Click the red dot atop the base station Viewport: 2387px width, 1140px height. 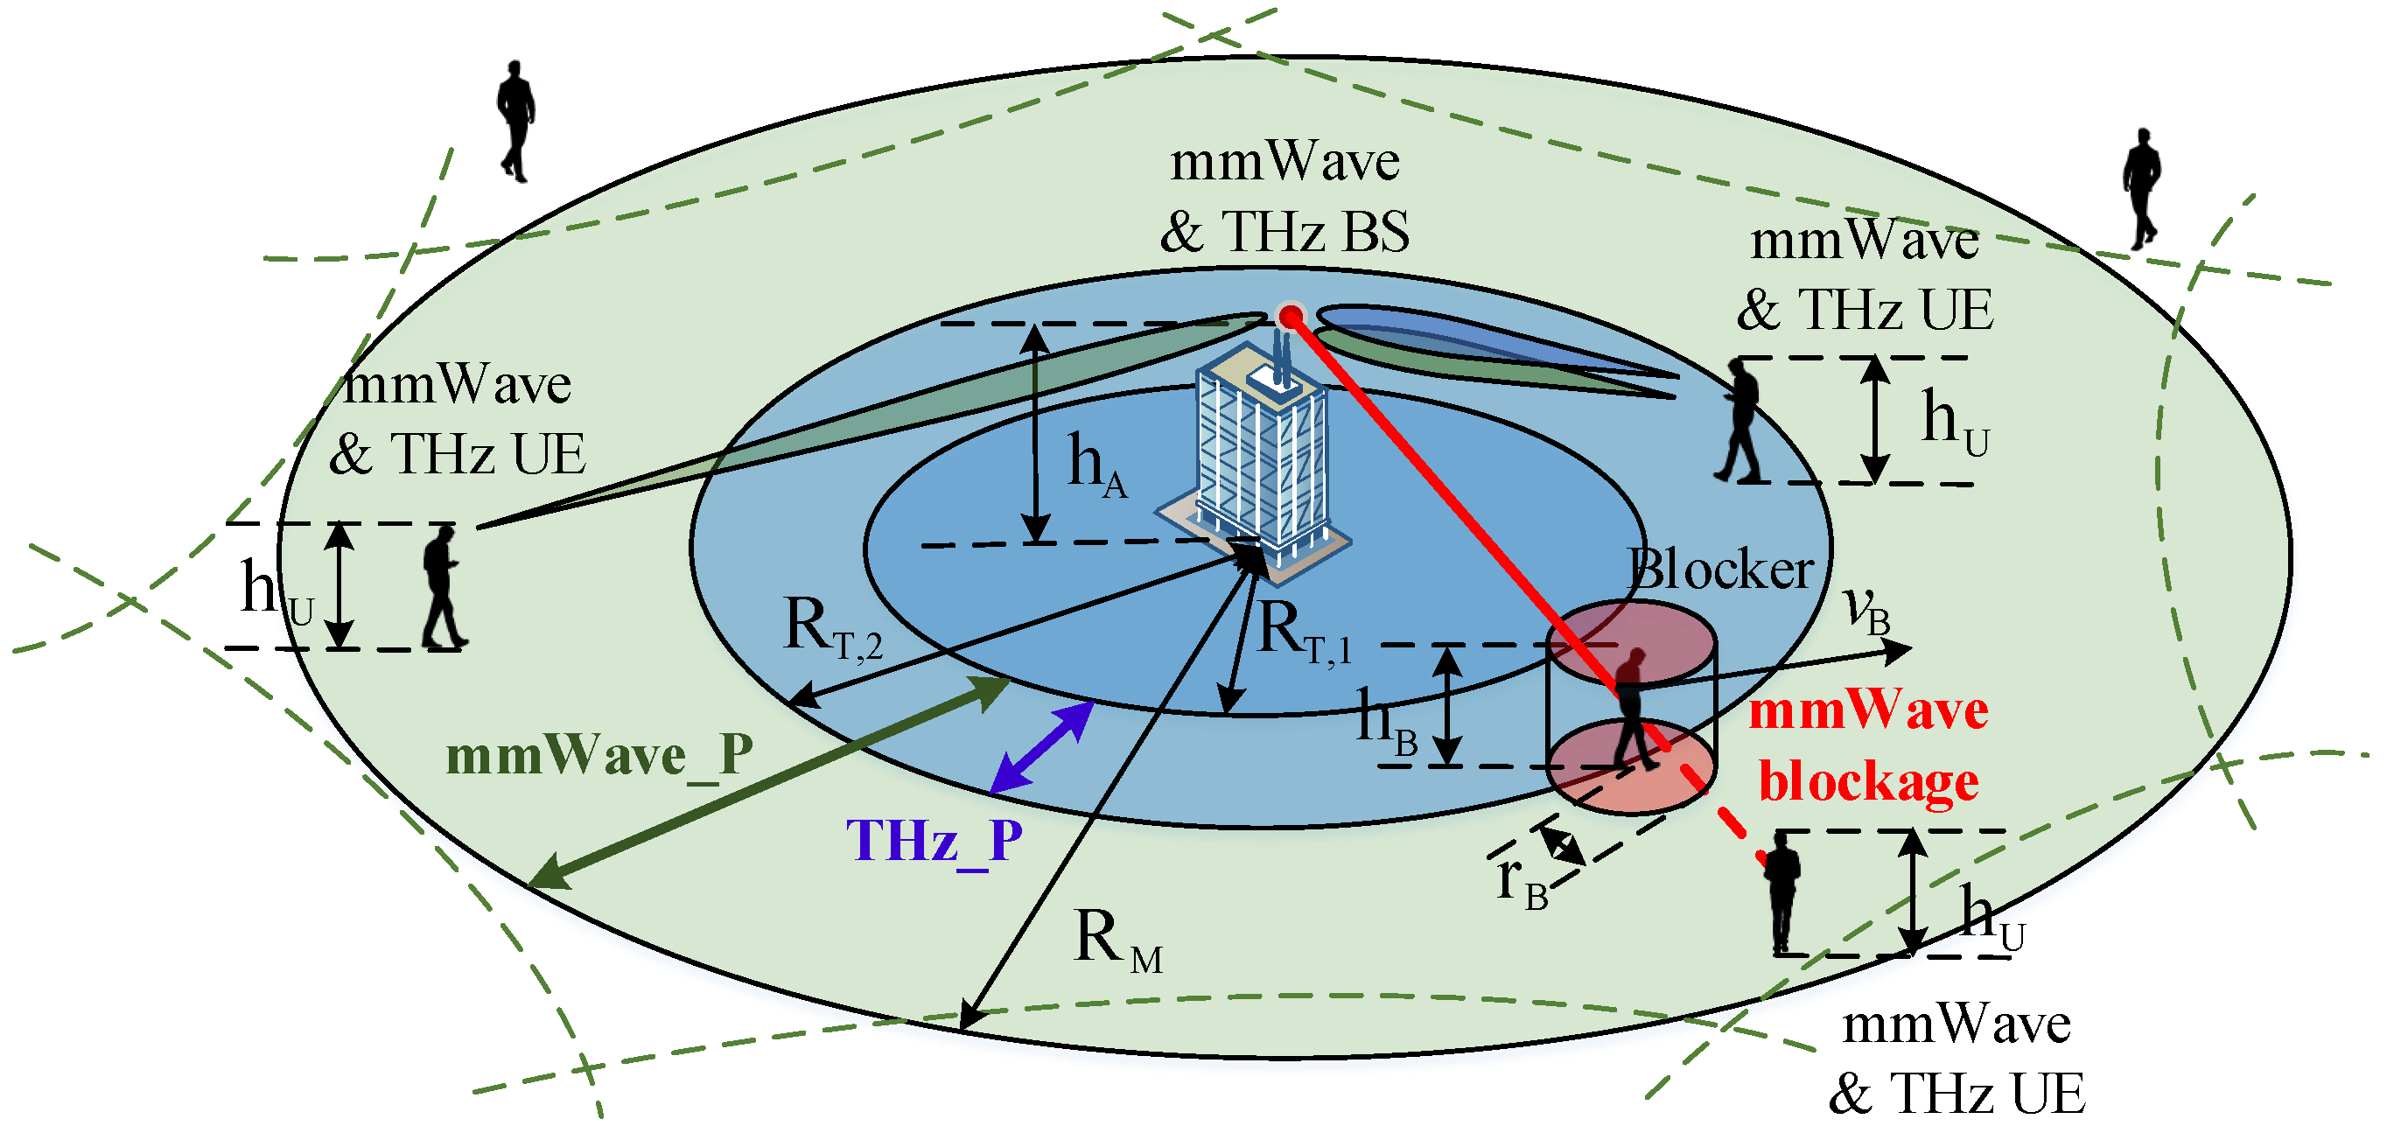1289,317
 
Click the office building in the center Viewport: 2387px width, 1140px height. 1260,464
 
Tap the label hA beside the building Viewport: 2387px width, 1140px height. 1096,466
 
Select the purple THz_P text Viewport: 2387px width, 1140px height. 934,842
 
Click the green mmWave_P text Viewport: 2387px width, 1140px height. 598,756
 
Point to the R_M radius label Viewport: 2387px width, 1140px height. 1116,940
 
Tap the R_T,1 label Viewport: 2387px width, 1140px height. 1303,633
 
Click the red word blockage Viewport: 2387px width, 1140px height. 1868,781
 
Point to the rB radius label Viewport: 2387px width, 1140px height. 1521,879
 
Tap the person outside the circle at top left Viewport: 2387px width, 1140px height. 516,121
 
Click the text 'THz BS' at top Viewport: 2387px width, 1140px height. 1316,232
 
